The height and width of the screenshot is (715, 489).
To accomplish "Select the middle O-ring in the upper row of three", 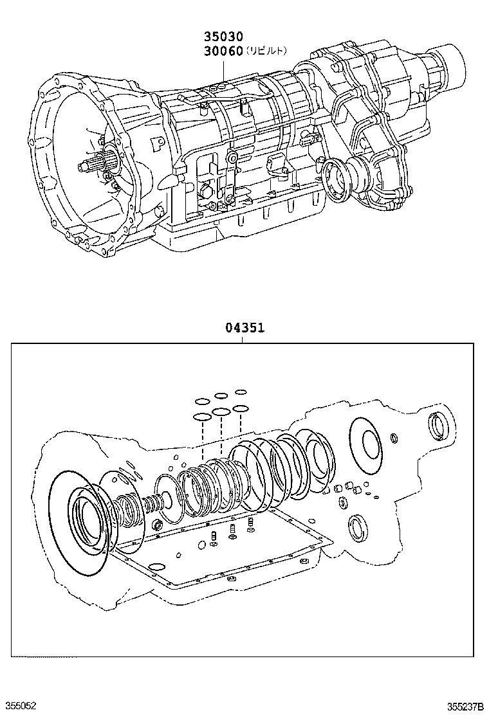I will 221,395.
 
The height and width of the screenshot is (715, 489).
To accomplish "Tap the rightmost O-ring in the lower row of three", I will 241,408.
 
